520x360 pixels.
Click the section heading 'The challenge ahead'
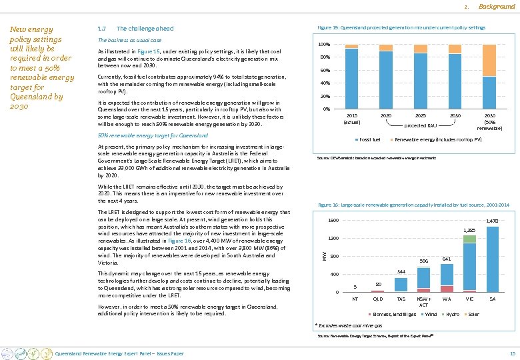pyautogui.click(x=145, y=29)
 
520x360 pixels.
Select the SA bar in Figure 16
pyautogui.click(x=492, y=259)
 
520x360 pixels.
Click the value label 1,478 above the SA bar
pyautogui.click(x=492, y=221)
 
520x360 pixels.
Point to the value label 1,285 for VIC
pyautogui.click(x=469, y=230)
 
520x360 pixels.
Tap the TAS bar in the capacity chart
pyautogui.click(x=401, y=285)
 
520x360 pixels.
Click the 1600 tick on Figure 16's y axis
pyautogui.click(x=332, y=221)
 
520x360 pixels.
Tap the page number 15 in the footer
pyautogui.click(x=511, y=353)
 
